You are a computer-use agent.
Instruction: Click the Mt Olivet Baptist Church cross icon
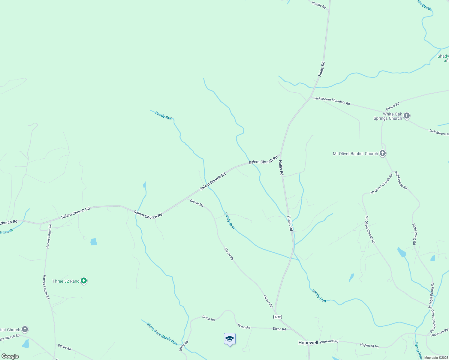coord(382,153)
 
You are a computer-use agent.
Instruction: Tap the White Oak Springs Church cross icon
coord(407,115)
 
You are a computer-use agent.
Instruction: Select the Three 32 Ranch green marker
coord(84,281)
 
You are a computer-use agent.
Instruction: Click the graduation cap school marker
coord(230,339)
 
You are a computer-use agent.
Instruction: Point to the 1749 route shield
coord(278,317)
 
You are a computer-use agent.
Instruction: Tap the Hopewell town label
coord(308,343)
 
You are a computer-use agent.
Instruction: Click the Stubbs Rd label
coord(319,5)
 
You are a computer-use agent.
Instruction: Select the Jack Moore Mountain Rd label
coord(332,101)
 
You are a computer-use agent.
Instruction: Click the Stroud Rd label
coord(393,106)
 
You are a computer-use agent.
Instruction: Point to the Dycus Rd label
coord(65,347)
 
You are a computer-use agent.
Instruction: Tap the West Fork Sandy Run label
coord(162,334)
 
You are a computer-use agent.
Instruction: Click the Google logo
coord(10,356)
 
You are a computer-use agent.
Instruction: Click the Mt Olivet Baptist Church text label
coord(355,154)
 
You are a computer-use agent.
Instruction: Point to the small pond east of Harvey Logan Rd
coord(94,241)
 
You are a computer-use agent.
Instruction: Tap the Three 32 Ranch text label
coord(66,281)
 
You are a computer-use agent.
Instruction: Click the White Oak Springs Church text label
coord(388,116)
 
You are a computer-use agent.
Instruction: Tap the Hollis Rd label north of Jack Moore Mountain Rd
coord(321,69)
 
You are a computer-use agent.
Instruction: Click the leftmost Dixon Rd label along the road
coord(208,318)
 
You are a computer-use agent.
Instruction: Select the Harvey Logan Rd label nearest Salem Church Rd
coord(49,236)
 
